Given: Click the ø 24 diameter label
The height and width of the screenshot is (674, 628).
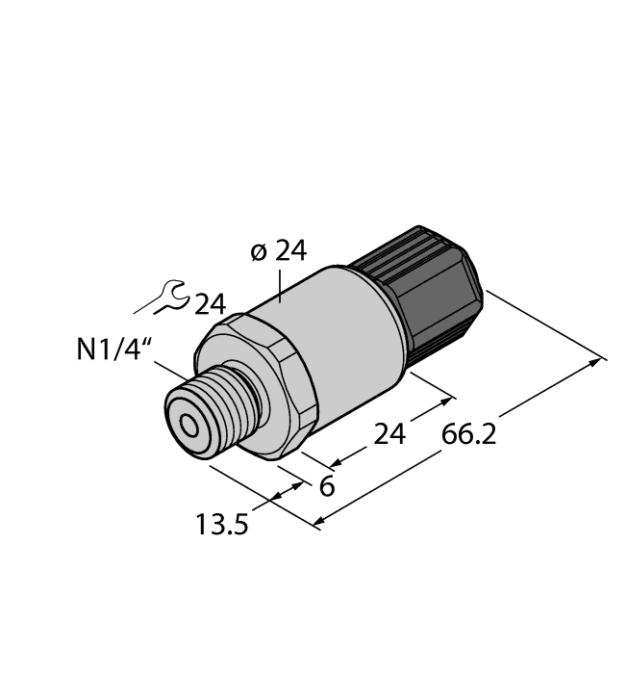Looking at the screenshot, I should click(278, 251).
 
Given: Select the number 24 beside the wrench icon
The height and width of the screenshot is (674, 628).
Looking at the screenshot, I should click(210, 305).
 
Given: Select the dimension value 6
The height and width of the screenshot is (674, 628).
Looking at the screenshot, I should click(327, 487).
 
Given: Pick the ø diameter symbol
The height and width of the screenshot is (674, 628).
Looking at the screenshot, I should click(257, 252).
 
